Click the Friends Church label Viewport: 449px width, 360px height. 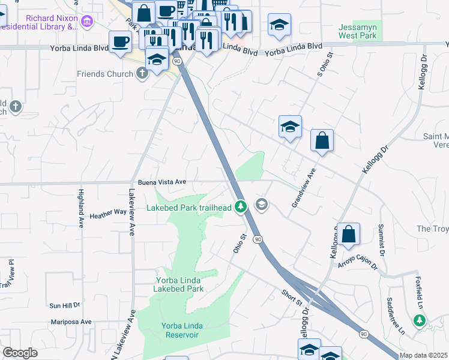pyautogui.click(x=104, y=74)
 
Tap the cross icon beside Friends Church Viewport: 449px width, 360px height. pyautogui.click(x=142, y=74)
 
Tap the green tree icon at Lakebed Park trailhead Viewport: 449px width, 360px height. pyautogui.click(x=241, y=206)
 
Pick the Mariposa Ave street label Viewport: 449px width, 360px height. pyautogui.click(x=70, y=322)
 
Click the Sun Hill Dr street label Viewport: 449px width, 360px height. pyautogui.click(x=65, y=305)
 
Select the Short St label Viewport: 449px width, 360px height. pyautogui.click(x=292, y=296)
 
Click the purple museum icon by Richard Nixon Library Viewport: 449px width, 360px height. pyautogui.click(x=88, y=22)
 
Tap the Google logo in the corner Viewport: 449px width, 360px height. pyautogui.click(x=20, y=353)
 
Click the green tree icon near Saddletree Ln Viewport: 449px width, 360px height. pyautogui.click(x=420, y=320)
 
